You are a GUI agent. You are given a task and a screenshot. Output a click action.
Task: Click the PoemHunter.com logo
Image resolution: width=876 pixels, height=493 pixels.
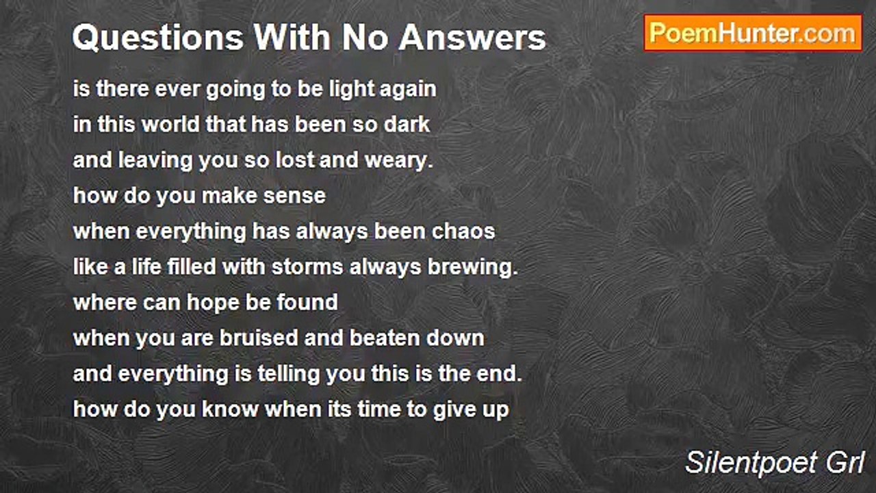pyautogui.click(x=753, y=33)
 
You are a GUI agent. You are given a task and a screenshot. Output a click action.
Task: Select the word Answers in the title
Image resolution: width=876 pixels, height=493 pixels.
pyautogui.click(x=473, y=38)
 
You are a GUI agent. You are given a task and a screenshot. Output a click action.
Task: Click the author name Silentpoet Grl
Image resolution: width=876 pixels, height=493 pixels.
pyautogui.click(x=775, y=464)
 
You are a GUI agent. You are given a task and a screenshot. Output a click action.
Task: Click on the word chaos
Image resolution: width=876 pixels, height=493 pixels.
pyautogui.click(x=465, y=231)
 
